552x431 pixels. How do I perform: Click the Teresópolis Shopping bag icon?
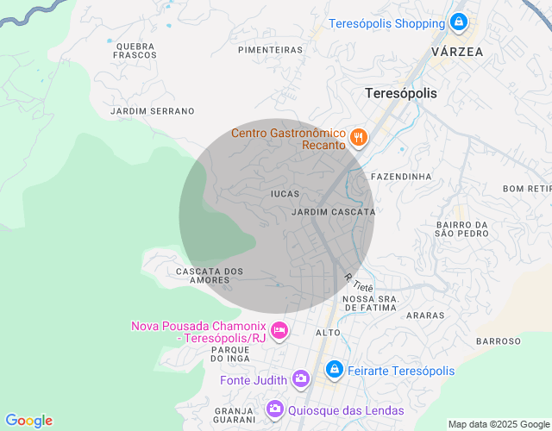pyautogui.click(x=459, y=22)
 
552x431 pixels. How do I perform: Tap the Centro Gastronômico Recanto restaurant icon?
pyautogui.click(x=359, y=137)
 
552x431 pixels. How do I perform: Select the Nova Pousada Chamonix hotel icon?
pyautogui.click(x=279, y=329)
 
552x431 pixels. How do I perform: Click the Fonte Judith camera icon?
pyautogui.click(x=301, y=378)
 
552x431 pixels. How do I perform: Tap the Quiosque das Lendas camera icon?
pyautogui.click(x=274, y=409)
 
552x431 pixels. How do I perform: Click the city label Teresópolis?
pyautogui.click(x=401, y=93)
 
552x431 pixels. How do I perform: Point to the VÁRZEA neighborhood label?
pyautogui.click(x=457, y=52)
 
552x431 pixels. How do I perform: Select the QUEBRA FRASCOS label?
pyautogui.click(x=134, y=50)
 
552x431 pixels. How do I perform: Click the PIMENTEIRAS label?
pyautogui.click(x=270, y=50)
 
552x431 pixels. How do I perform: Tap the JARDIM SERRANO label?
pyautogui.click(x=153, y=111)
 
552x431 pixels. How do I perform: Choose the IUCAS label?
pyautogui.click(x=285, y=194)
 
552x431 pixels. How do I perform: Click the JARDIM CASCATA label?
pyautogui.click(x=334, y=211)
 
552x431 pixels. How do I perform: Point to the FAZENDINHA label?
pyautogui.click(x=400, y=177)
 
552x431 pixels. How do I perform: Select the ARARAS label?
pyautogui.click(x=424, y=315)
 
